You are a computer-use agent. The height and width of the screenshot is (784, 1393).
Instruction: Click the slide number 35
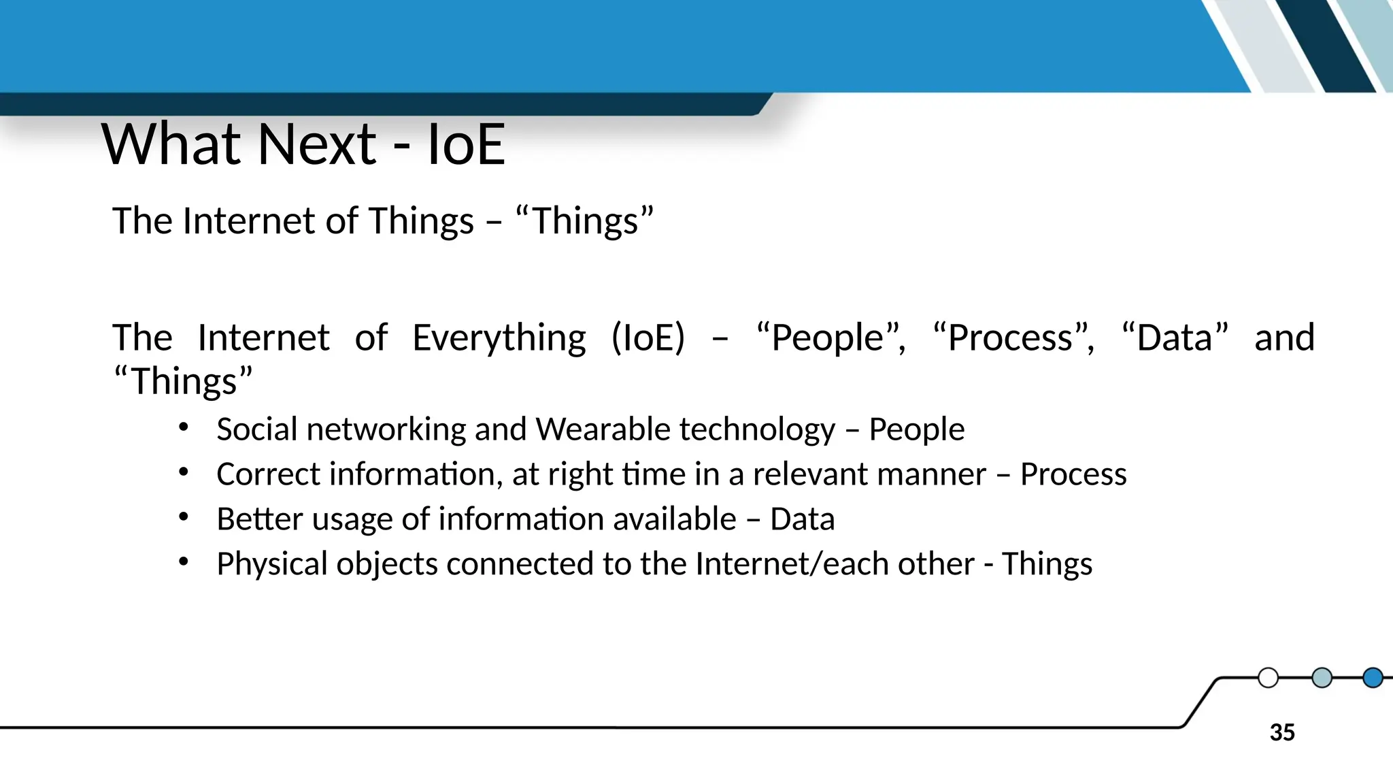(1282, 732)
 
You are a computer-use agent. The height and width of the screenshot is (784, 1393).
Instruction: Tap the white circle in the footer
(1268, 678)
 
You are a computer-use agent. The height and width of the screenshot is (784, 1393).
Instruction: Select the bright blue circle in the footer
(1373, 678)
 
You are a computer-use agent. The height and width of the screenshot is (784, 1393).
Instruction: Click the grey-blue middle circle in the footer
(1321, 678)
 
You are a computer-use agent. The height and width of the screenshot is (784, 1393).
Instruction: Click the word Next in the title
(316, 144)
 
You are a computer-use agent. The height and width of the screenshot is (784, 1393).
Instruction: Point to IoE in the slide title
(466, 144)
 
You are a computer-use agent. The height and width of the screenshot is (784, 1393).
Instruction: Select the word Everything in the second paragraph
(499, 338)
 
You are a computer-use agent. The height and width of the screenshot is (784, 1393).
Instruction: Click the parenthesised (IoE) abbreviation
(648, 338)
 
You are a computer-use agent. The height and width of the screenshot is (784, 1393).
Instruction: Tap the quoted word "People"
(831, 338)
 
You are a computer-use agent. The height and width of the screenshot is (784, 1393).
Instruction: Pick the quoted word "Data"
(1175, 338)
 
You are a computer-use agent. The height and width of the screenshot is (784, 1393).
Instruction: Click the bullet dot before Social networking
(183, 427)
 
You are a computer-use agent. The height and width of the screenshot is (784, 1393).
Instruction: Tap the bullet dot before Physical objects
(183, 562)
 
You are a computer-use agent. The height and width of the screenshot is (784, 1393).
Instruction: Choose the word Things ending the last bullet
(1047, 564)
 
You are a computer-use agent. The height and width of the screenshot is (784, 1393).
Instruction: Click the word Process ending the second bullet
(1073, 474)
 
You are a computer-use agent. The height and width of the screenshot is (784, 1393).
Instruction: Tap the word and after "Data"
(1284, 338)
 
